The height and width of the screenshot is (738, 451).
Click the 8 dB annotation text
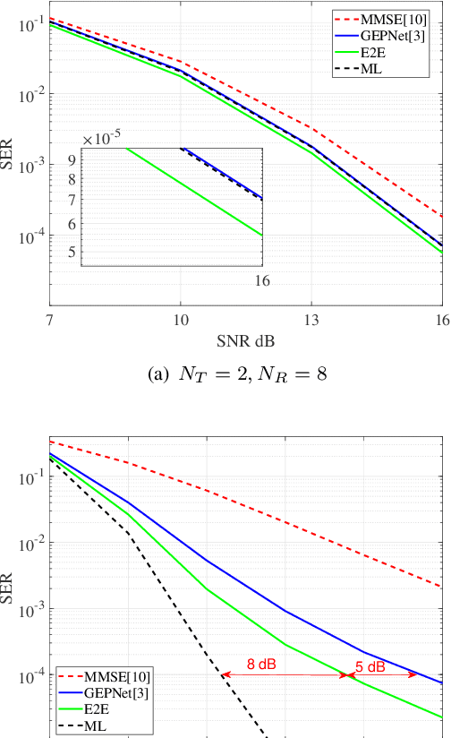pos(263,664)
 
